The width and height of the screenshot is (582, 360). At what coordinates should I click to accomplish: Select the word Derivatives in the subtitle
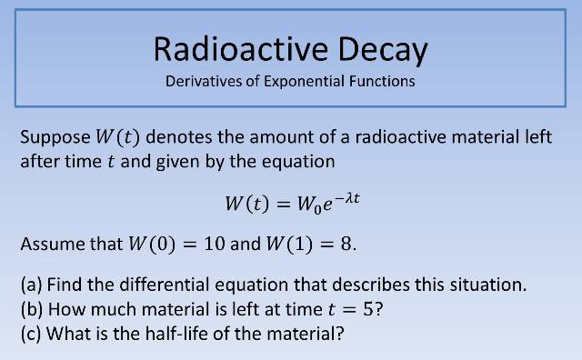click(x=204, y=81)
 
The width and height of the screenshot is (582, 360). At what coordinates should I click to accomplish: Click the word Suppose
click(x=53, y=139)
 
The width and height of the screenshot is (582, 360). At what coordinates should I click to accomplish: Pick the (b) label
click(x=33, y=308)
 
